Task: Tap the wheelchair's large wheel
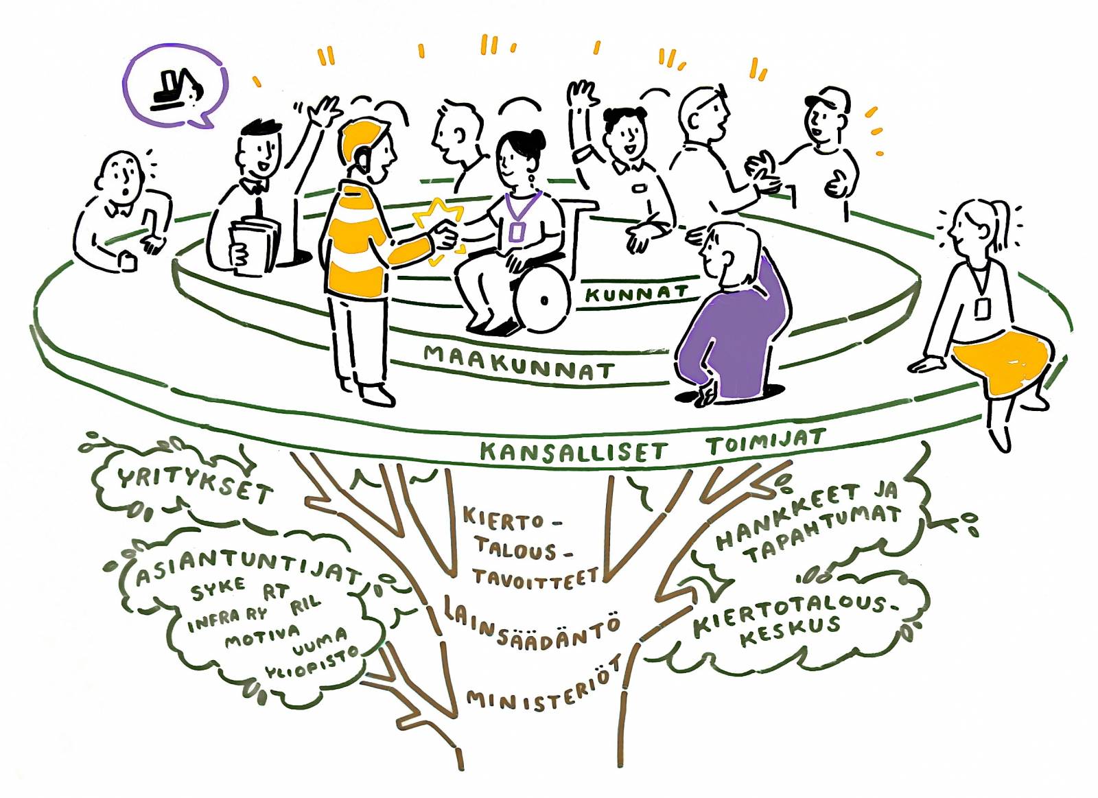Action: click(542, 299)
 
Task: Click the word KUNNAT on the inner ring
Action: click(635, 294)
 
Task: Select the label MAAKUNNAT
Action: click(518, 362)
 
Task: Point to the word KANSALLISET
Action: click(573, 451)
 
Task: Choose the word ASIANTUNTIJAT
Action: click(247, 566)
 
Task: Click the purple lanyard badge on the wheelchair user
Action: click(515, 233)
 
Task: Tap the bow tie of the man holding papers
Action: click(255, 186)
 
